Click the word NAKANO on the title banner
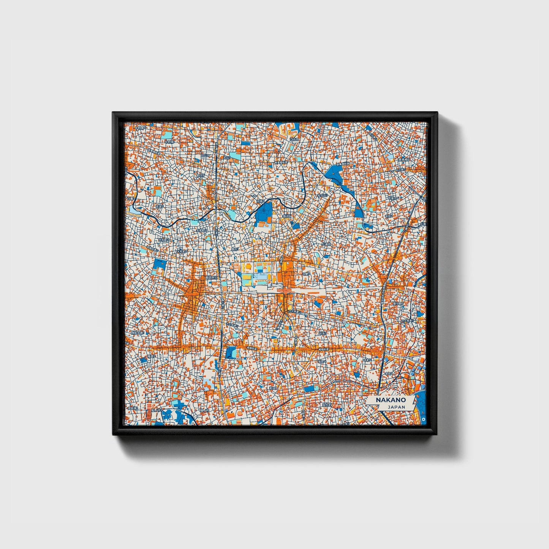pos(391,400)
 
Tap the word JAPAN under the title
pos(396,407)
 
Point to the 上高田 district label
pos(327,244)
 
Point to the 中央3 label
pos(323,333)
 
